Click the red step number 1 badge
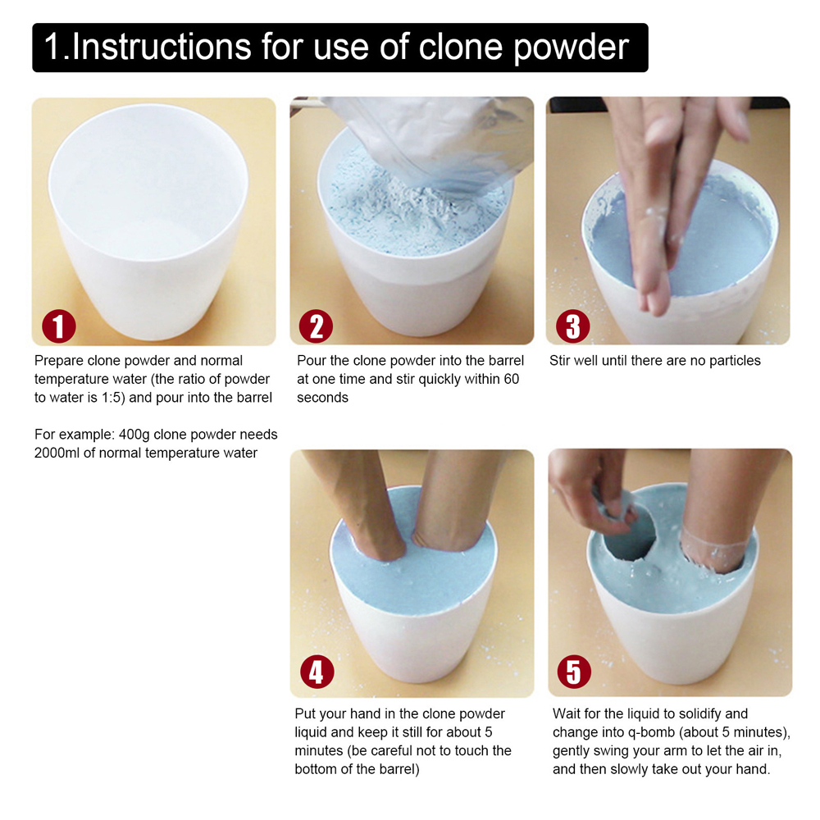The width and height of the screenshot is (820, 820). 58,326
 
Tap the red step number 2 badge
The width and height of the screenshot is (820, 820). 316,326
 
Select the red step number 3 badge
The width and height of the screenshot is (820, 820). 573,326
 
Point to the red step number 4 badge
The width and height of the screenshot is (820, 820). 317,672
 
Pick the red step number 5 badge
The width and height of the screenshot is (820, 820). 574,672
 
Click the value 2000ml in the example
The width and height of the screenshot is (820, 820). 57,453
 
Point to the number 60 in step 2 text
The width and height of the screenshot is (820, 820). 511,379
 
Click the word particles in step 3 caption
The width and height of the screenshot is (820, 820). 735,361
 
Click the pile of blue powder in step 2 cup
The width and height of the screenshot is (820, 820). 413,209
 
